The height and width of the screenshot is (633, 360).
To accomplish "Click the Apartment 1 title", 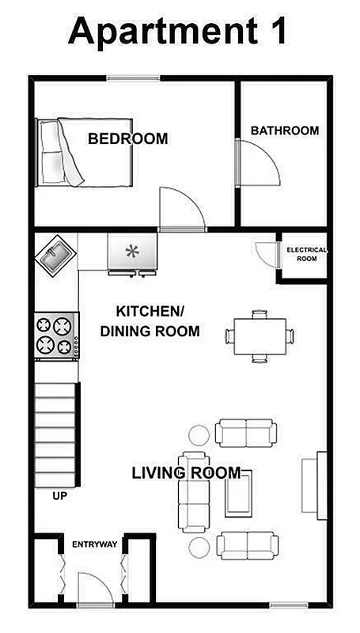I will tap(178, 32).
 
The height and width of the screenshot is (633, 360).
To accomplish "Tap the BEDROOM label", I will tap(127, 139).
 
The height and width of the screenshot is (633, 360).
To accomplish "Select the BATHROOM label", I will tap(285, 131).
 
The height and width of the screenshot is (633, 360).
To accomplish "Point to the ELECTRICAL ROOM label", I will tap(305, 254).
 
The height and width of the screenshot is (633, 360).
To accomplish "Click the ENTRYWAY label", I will tap(94, 544).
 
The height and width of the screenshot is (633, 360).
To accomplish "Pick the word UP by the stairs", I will tap(59, 497).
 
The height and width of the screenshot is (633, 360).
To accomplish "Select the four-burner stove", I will tap(55, 335).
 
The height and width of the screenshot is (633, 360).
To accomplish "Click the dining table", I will tap(260, 335).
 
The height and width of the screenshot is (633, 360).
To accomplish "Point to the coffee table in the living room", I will tap(237, 497).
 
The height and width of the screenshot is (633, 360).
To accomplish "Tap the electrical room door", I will tap(264, 252).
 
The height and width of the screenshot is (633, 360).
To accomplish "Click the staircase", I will tap(57, 434).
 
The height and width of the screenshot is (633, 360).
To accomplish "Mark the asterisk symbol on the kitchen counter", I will tap(132, 252).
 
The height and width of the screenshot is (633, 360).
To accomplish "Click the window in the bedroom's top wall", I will tap(131, 78).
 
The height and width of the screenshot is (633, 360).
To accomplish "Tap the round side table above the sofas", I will tap(198, 434).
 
